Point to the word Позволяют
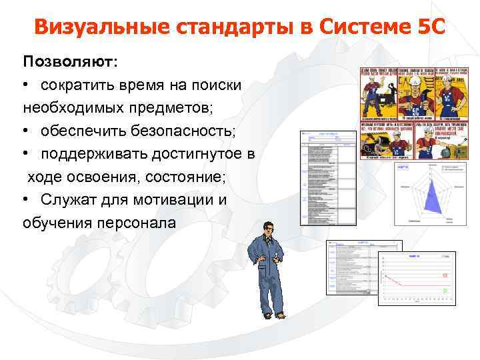(68, 61)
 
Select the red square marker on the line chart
(445, 275)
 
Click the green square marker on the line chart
(445, 291)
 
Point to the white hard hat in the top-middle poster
(413, 79)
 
